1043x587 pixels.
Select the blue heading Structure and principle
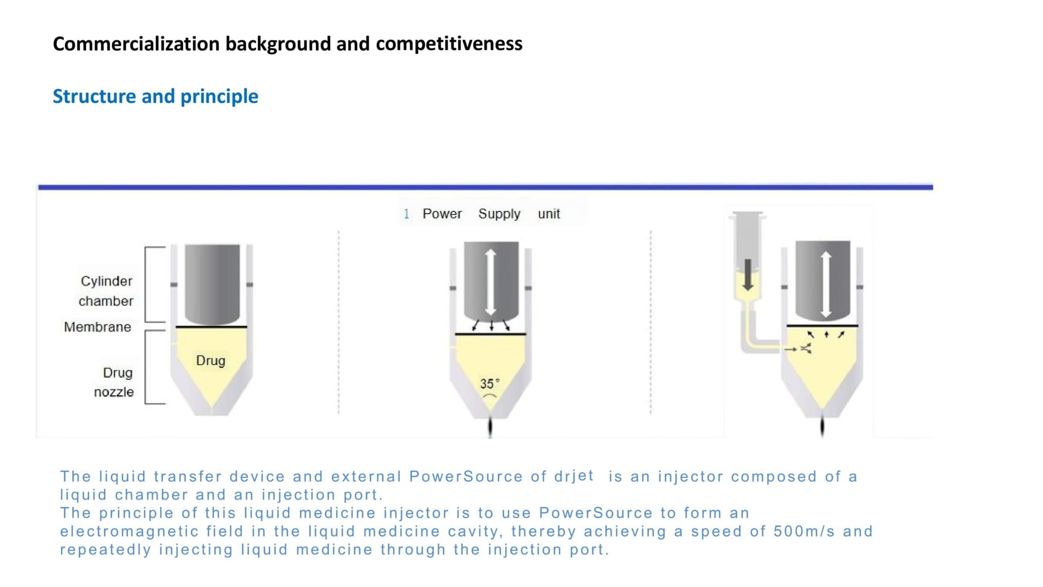pos(156,96)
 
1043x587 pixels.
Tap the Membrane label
pos(98,327)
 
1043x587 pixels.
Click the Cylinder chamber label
pos(106,291)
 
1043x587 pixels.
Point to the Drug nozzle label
pos(114,382)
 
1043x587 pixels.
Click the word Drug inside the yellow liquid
pos(211,360)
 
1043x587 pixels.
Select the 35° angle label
pos(489,384)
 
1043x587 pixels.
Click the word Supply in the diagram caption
pos(499,214)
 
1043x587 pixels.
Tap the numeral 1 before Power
pos(406,214)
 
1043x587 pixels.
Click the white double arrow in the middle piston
pos(491,282)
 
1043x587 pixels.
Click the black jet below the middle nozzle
pos(490,427)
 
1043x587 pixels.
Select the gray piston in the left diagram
pos(212,284)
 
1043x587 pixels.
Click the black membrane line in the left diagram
pos(211,327)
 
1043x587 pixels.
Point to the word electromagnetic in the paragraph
pos(130,532)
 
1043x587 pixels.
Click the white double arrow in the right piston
pos(826,285)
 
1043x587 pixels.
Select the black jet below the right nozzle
pos(822,426)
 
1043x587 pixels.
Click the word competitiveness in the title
pos(449,44)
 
